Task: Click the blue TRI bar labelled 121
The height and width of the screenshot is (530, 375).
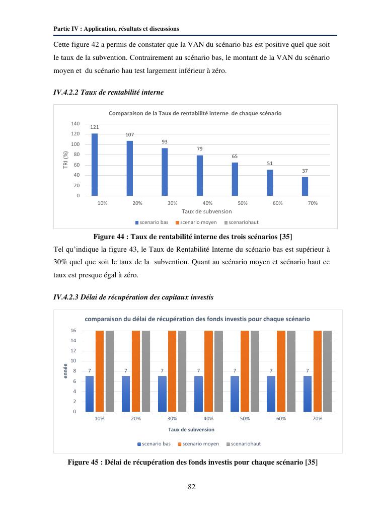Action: click(95, 165)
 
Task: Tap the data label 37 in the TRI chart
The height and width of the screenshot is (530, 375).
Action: click(305, 171)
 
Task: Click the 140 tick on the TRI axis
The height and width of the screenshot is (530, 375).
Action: click(76, 124)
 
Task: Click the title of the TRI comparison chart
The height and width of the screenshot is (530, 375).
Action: click(195, 113)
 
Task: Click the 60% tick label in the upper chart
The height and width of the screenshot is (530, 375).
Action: click(277, 203)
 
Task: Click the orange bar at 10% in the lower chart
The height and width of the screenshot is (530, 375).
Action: click(100, 371)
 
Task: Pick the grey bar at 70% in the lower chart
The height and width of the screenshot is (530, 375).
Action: click(327, 371)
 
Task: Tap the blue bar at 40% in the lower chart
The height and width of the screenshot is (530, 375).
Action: click(198, 394)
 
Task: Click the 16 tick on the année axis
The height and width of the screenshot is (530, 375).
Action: click(73, 331)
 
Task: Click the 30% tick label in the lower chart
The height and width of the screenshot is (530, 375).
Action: click(172, 419)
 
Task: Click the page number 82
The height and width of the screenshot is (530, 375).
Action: click(191, 486)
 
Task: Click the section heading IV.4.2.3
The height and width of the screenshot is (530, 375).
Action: click(133, 297)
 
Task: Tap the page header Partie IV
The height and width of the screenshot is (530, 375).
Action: click(116, 29)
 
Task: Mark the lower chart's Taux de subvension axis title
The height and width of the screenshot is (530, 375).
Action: click(191, 429)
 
